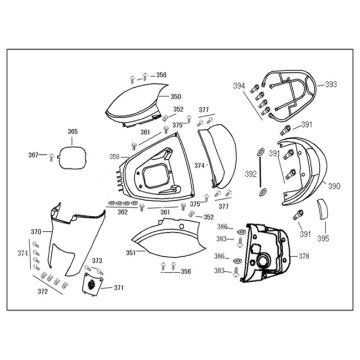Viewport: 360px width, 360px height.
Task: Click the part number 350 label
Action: [175, 95]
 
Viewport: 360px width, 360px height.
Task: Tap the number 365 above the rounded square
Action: [72, 131]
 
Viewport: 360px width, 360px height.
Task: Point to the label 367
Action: [32, 155]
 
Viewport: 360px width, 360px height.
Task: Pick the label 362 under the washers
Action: [122, 212]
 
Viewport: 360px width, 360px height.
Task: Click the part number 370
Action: [36, 232]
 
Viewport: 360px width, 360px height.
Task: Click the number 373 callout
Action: [97, 261]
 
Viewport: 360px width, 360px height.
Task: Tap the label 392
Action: [251, 173]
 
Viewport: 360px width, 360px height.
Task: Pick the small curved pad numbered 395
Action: [321, 210]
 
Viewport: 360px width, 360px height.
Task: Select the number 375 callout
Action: [178, 125]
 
